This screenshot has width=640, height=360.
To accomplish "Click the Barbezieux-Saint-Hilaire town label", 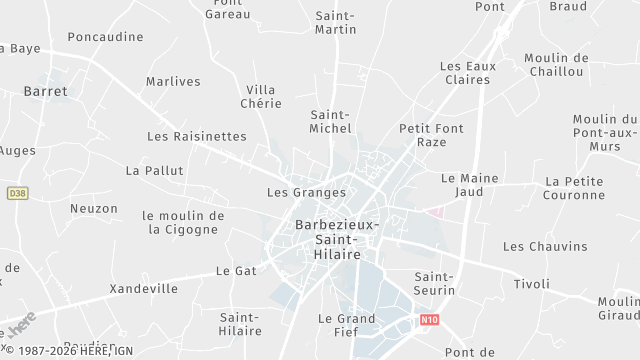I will pos(337,240).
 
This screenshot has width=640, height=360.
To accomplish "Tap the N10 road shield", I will pos(429,320).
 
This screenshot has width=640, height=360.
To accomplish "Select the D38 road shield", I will pos(16,193).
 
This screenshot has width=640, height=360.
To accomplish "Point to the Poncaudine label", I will pos(105,37).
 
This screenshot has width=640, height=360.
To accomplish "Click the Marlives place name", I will pos(173,82).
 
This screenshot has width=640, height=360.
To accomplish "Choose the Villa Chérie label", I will pos(261,96).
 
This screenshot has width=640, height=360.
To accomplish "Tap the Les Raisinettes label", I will pos(196,136).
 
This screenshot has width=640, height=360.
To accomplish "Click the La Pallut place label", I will pos(155,171).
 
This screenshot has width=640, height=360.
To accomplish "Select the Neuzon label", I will pos(94,209).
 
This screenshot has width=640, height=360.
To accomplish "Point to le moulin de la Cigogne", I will pos(183,222).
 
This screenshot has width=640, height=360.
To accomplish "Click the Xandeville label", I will pos(144,289).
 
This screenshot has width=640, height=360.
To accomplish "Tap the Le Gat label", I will pos(237,271).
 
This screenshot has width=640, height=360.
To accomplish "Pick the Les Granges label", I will pos(306,192).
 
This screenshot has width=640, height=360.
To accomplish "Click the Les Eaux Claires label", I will pos(467,73).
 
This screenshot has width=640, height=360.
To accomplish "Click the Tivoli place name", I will pos(532,284).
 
